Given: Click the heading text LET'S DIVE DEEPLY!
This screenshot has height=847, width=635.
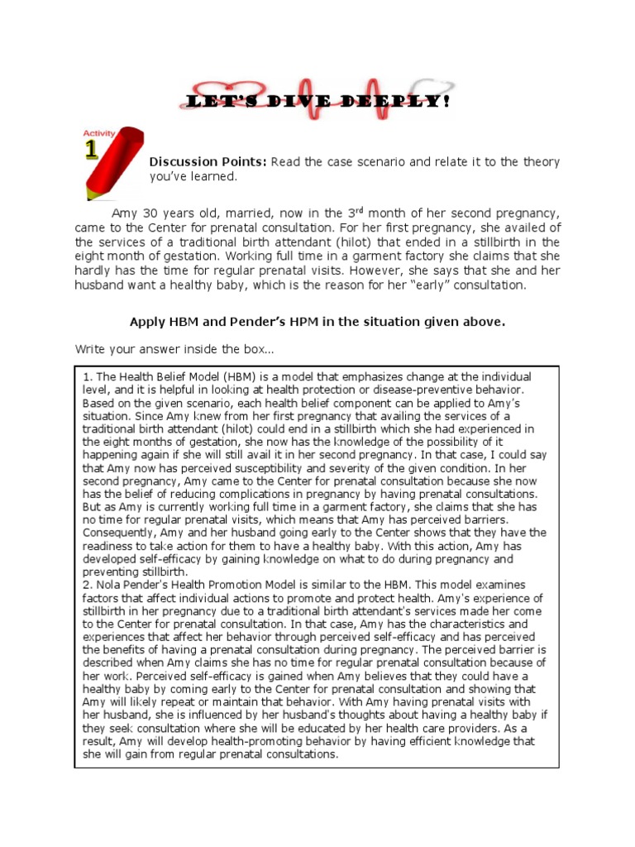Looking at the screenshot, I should click(x=317, y=102).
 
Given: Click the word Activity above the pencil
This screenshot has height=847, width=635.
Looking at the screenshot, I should click(x=98, y=132).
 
